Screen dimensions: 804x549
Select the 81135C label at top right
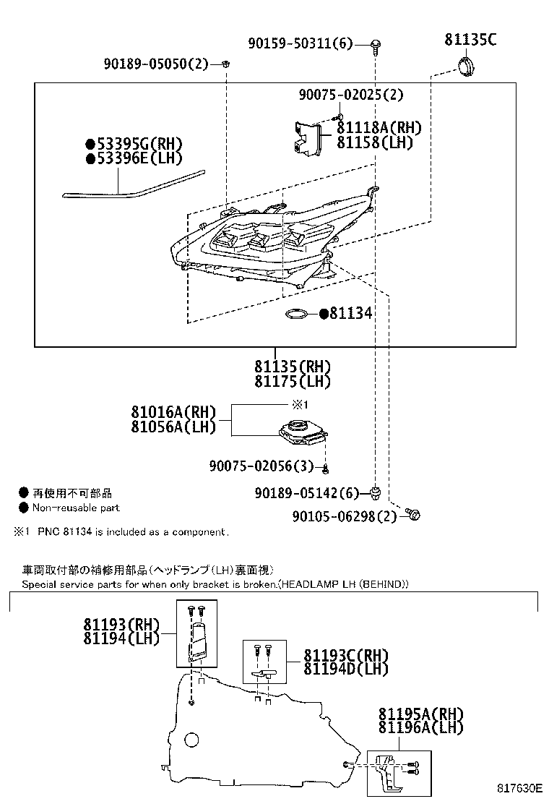470,40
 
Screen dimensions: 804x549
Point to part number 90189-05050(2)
155,64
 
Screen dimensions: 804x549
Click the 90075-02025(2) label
351,95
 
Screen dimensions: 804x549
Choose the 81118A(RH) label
379,127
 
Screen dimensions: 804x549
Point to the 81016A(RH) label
173,412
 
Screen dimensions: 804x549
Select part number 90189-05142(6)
306,493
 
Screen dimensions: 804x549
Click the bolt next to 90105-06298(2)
412,515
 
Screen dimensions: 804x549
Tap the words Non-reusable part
75,508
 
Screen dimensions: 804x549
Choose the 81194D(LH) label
345,669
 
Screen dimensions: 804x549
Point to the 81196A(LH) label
420,728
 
